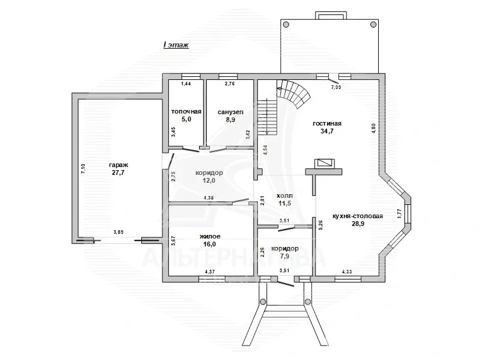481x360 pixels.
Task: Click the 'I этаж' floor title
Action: pos(176,45)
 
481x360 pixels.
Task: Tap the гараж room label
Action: pos(118,165)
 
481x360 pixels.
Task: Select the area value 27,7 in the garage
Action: pos(118,172)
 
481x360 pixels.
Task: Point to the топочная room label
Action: pos(186,112)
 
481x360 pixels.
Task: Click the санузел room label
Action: pos(230,112)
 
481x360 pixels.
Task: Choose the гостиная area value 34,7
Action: pos(327,131)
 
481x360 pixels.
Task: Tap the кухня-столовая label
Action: pos(358,216)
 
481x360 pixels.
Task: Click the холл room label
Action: pos(284,196)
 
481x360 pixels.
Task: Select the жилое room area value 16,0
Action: pos(210,245)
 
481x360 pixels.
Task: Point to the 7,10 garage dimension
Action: pos(83,169)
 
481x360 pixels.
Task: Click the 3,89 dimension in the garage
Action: pos(118,232)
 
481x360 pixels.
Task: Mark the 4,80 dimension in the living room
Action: pos(373,128)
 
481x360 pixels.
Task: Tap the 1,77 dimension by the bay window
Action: pos(399,213)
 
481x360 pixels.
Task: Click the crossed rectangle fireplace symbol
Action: pos(325,163)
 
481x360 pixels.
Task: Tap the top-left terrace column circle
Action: pos(286,25)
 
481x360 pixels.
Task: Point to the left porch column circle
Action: pos(263,302)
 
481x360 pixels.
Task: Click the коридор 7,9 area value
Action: pos(284,257)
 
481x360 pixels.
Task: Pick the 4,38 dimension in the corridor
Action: pos(209,198)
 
